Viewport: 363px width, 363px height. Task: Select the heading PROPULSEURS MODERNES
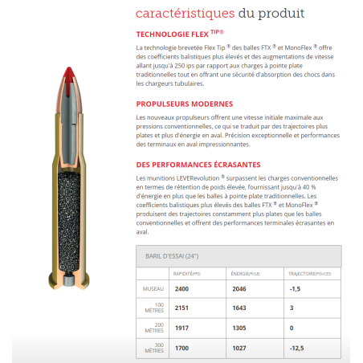pos(185,104)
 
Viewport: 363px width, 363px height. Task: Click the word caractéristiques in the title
pos(185,14)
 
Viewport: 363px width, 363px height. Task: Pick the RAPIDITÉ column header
pos(187,274)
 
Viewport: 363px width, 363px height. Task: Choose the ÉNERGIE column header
pos(244,274)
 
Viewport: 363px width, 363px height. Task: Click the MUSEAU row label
pos(153,288)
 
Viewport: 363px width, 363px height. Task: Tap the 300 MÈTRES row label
pos(153,348)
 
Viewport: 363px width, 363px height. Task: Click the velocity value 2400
pos(181,288)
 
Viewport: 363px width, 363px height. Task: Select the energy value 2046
pos(239,288)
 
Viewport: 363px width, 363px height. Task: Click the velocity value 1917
pos(181,328)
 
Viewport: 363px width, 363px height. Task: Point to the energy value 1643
pos(239,308)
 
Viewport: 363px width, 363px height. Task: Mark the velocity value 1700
pos(181,348)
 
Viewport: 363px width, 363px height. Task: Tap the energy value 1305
pos(239,328)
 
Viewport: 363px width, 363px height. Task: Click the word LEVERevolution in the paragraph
pos(197,177)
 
